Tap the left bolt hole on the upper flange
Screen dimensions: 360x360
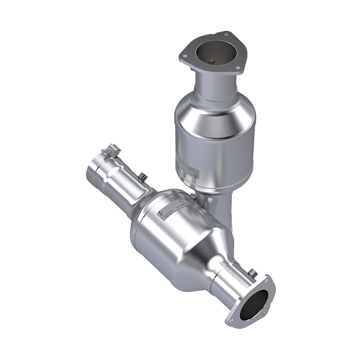[184, 57]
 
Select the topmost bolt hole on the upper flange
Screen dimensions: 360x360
[226, 35]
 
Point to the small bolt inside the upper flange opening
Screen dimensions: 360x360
[212, 61]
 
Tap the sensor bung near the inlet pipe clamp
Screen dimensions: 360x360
[142, 179]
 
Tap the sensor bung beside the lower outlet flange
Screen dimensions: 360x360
[251, 276]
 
